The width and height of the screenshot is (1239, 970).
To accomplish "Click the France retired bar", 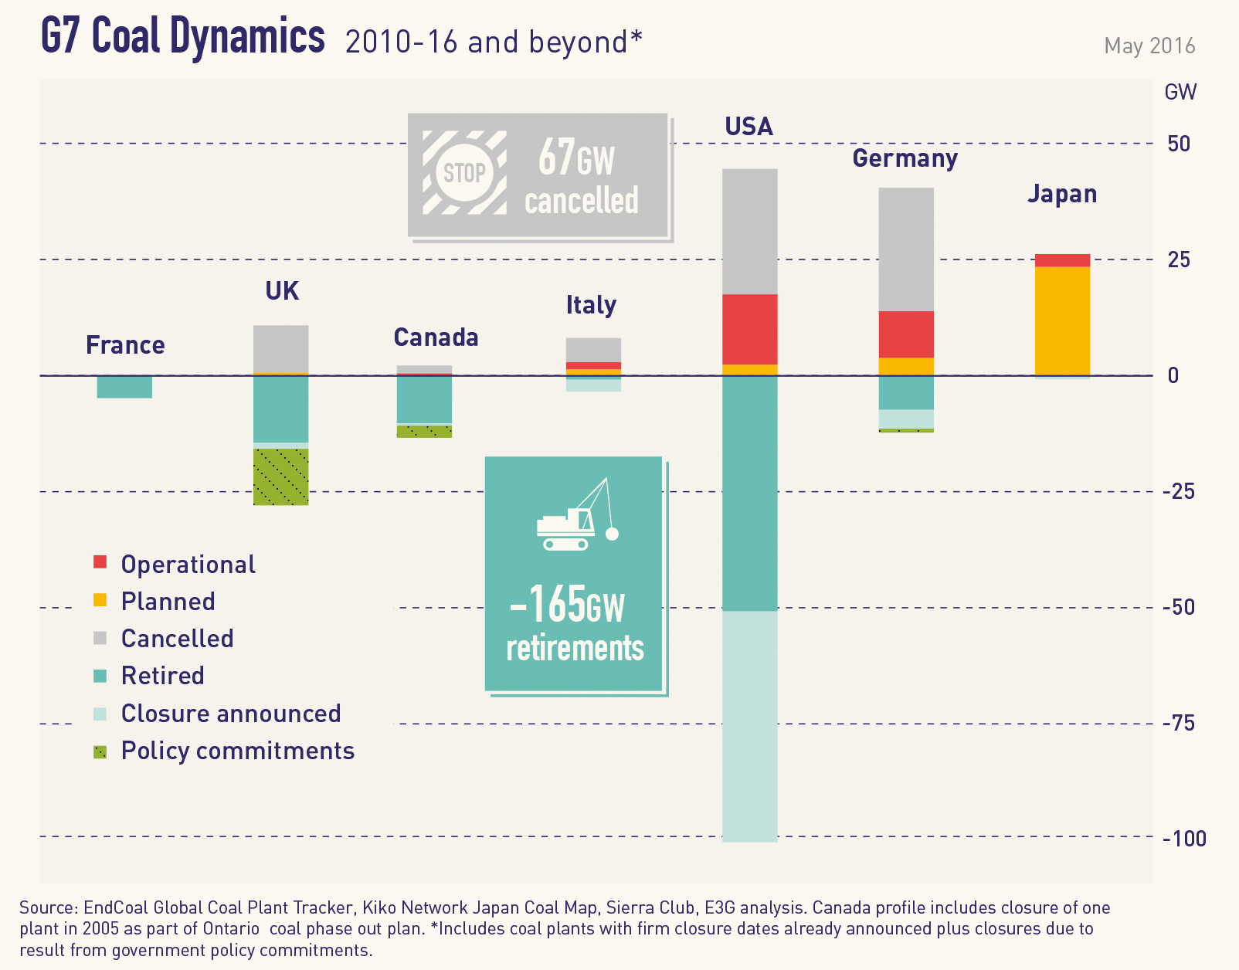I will coord(124,386).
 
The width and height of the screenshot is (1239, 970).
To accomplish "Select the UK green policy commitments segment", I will coord(281,477).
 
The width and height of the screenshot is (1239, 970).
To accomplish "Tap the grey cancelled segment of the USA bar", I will coord(749,231).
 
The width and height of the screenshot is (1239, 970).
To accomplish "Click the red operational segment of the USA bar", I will coord(749,329).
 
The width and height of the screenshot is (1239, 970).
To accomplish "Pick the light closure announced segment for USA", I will coord(749,725).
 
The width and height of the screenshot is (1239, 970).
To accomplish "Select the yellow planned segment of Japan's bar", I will coord(1062,321).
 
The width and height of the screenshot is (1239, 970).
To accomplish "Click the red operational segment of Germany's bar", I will coord(906,334).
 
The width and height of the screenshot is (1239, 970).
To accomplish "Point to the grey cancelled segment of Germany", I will coord(906,249).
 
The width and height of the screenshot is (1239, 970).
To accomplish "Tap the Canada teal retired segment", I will coord(424,399).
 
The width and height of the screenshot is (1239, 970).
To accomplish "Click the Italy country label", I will coord(591,305).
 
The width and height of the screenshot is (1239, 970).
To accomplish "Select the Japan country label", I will coord(1062,194).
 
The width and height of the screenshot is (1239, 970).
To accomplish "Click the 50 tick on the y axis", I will coord(1179,144).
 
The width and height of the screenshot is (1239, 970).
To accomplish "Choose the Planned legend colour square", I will coord(100,600).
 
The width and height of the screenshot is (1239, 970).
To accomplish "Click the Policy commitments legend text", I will coord(238,751).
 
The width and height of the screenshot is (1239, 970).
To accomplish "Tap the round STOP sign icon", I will coord(464,172).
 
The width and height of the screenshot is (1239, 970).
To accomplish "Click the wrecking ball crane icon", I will coord(576,515).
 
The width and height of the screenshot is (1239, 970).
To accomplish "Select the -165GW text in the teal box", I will coord(568,605).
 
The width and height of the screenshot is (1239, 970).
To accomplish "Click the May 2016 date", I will coord(1149,46).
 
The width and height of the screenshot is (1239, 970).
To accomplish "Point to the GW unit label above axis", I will coord(1180,93).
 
